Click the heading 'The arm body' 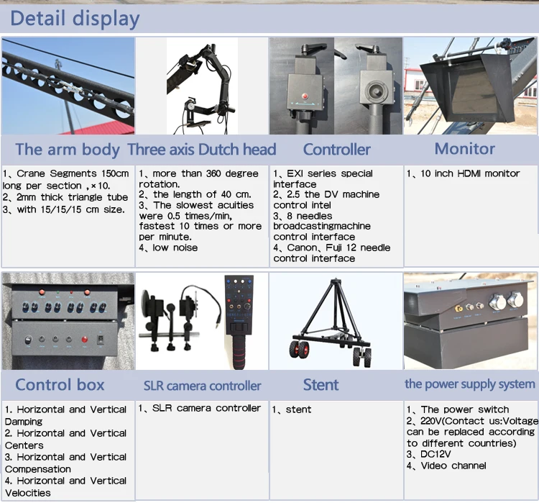[x=68, y=150]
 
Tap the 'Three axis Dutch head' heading [x=202, y=150]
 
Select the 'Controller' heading [x=336, y=150]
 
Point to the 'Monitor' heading [x=464, y=149]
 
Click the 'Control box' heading [x=60, y=384]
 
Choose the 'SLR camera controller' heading [x=202, y=385]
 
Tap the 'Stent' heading [x=321, y=384]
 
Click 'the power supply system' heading [x=470, y=384]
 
